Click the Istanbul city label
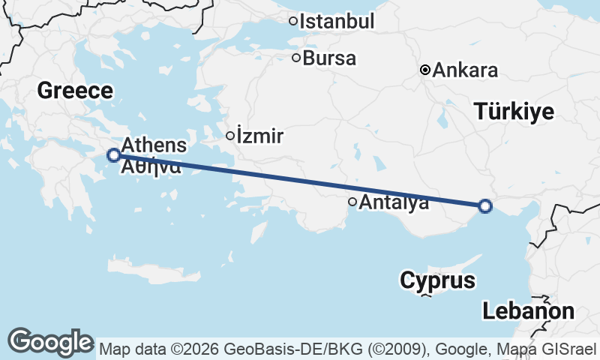click(x=337, y=22)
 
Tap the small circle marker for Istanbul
click(x=293, y=21)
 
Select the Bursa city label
click(x=329, y=58)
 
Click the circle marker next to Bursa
click(x=296, y=57)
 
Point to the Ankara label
click(x=466, y=71)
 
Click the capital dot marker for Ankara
click(x=425, y=70)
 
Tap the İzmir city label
click(x=259, y=136)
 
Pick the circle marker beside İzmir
click(x=230, y=136)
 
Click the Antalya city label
click(x=394, y=202)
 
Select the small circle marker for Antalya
click(x=352, y=201)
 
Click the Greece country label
click(x=75, y=91)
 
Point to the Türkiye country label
click(x=514, y=112)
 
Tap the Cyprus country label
click(x=438, y=281)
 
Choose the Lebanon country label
click(x=528, y=310)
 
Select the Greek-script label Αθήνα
click(x=149, y=166)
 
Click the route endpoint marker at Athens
click(x=113, y=155)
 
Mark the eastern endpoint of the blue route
click(x=485, y=205)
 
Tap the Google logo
click(x=50, y=342)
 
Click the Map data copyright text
click(x=348, y=349)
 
